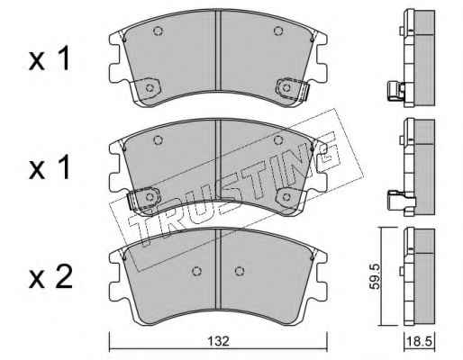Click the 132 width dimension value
pos(218,341)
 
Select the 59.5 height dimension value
pos(375,276)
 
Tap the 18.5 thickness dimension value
pos(419,341)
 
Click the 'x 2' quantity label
pos(50,277)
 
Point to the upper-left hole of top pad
pos(158,31)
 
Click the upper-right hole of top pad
pos(278,31)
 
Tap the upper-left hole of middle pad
pos(158,139)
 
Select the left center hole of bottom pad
pos(196,271)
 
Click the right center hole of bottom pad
pos(240,271)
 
